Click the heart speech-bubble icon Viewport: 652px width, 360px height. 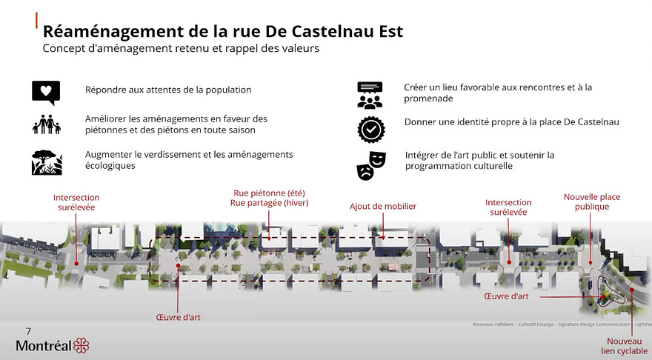[x=45, y=92]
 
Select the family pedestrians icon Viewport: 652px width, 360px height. [x=45, y=124]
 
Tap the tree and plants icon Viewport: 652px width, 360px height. [x=45, y=161]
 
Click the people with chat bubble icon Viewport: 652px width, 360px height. [x=369, y=95]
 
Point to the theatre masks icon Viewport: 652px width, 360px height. [x=369, y=165]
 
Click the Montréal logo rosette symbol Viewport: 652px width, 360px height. [x=81, y=346]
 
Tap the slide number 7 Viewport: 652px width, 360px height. [x=28, y=331]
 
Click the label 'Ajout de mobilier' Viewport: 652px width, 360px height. [x=383, y=207]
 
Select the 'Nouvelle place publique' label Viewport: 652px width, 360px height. [x=591, y=201]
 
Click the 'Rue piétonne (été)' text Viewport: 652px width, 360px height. [x=269, y=193]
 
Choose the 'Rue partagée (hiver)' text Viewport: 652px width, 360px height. [x=269, y=203]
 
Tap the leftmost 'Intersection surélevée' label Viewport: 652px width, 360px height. [x=76, y=202]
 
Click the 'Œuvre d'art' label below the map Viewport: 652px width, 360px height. [x=179, y=317]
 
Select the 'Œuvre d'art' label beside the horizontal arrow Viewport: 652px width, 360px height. [x=506, y=296]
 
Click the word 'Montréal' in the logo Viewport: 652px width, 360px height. [x=44, y=346]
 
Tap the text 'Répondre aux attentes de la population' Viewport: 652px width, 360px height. [x=168, y=90]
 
